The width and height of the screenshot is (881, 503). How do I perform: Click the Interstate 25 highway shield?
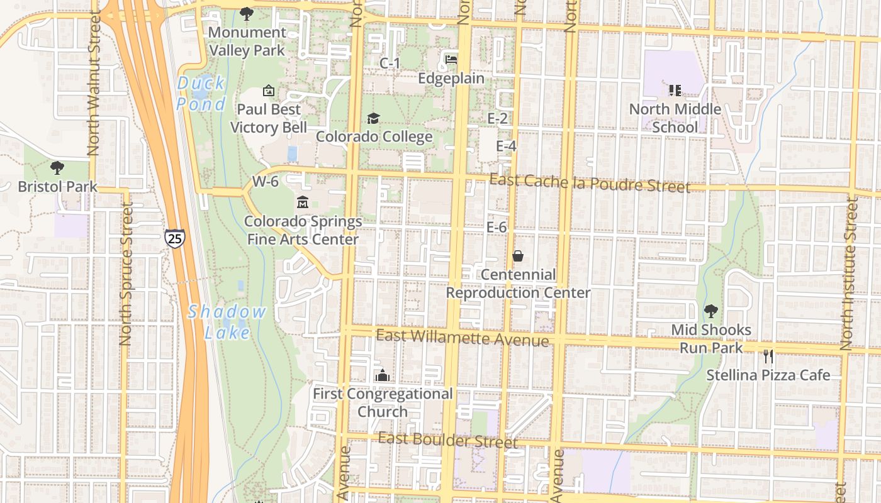[x=175, y=238]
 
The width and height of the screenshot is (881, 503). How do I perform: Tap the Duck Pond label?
[x=201, y=93]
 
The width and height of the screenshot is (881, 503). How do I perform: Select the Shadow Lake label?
[x=227, y=321]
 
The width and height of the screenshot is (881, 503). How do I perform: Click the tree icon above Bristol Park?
[x=57, y=168]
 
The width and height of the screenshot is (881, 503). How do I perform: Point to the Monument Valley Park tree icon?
[x=247, y=13]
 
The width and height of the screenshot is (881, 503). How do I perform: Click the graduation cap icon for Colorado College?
[x=373, y=118]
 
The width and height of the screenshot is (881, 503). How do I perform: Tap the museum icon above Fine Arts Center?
[x=303, y=202]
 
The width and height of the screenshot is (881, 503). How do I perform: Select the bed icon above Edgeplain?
[x=451, y=60]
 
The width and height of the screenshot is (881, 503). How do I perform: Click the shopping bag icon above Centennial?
[x=518, y=256]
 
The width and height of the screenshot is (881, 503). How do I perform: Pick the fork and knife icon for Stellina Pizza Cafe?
[x=768, y=357]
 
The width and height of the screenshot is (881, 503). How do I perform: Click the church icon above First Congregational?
[x=382, y=375]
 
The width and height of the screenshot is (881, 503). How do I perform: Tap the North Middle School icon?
[x=675, y=91]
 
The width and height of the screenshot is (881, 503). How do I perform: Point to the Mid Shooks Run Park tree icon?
[x=711, y=311]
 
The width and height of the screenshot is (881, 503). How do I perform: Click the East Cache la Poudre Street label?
[x=590, y=183]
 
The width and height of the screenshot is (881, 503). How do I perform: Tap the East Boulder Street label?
[x=448, y=439]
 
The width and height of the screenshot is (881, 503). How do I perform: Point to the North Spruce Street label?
[x=126, y=274]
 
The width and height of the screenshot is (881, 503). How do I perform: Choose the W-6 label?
[x=265, y=182]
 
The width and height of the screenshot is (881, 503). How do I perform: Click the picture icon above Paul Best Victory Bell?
[x=269, y=91]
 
